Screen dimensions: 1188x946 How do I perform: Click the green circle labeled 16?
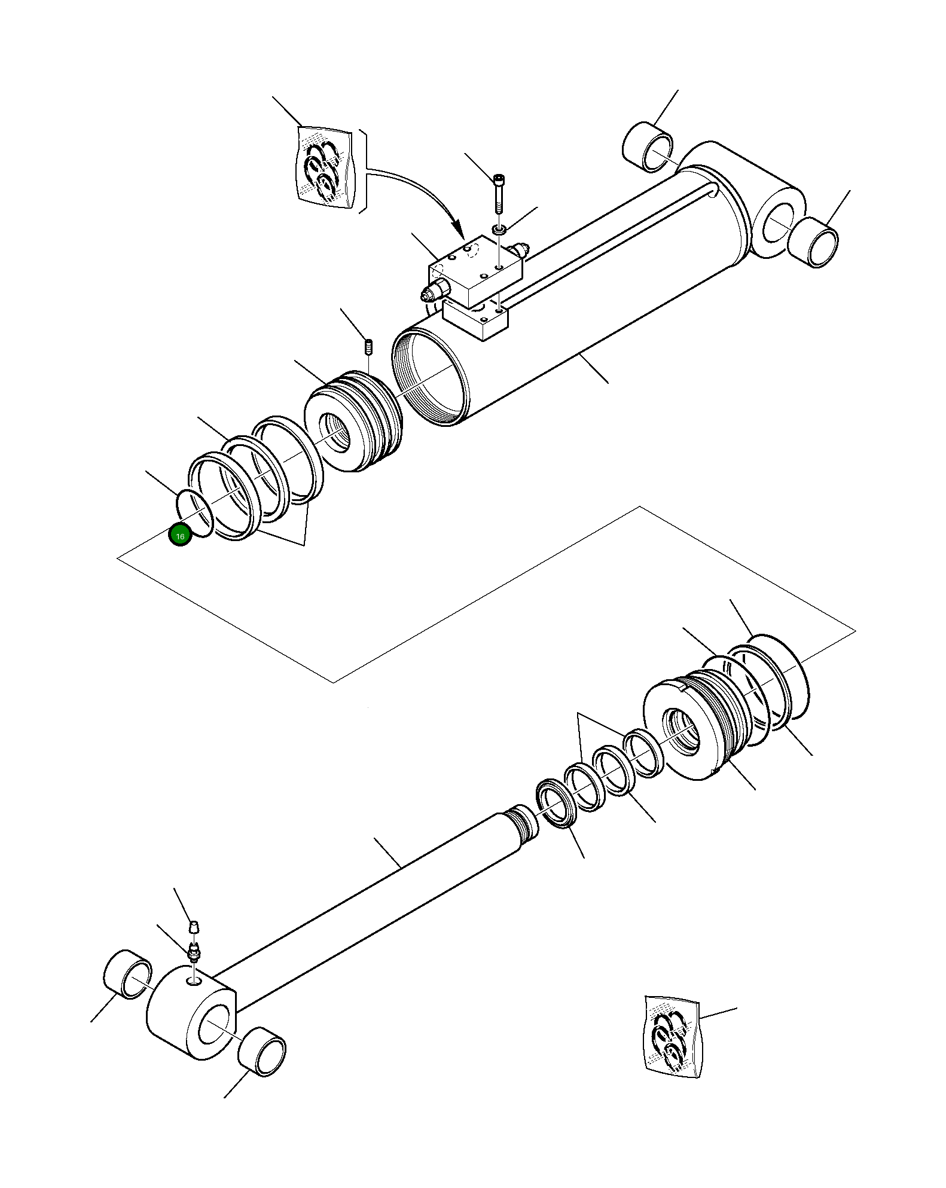[179, 535]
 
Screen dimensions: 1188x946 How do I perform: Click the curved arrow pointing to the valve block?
[419, 191]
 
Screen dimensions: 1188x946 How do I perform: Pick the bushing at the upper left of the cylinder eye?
[648, 146]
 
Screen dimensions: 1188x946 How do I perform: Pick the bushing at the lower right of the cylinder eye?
[813, 242]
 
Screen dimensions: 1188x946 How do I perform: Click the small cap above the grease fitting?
[193, 943]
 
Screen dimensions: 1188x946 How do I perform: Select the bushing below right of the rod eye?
[262, 1052]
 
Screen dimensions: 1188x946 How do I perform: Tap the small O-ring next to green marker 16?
[194, 513]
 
